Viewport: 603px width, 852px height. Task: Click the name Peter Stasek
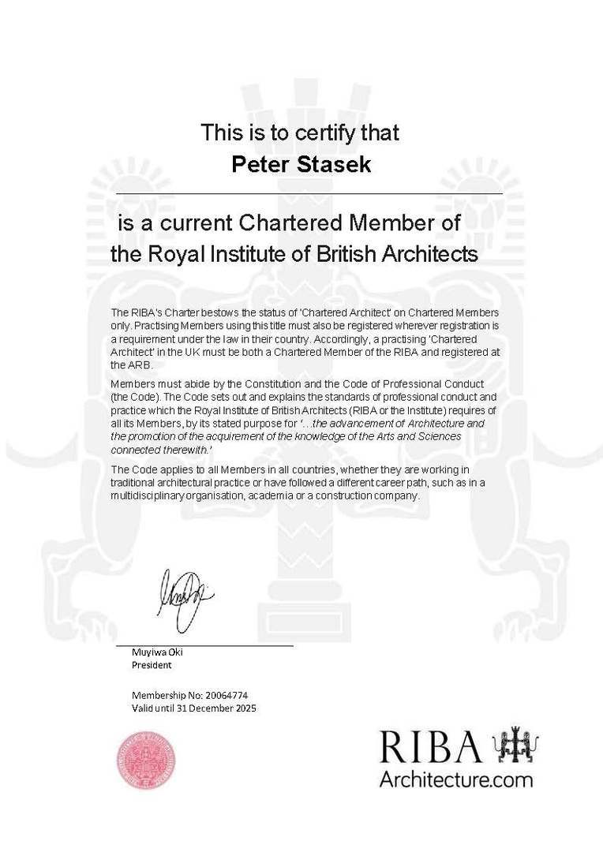pos(300,164)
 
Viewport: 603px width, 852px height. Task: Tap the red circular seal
pos(147,760)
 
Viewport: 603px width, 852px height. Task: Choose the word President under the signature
pos(151,665)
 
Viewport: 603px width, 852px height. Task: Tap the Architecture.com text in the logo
pos(455,780)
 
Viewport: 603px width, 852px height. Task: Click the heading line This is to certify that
pos(300,132)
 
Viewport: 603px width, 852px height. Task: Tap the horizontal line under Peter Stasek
pos(309,193)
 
